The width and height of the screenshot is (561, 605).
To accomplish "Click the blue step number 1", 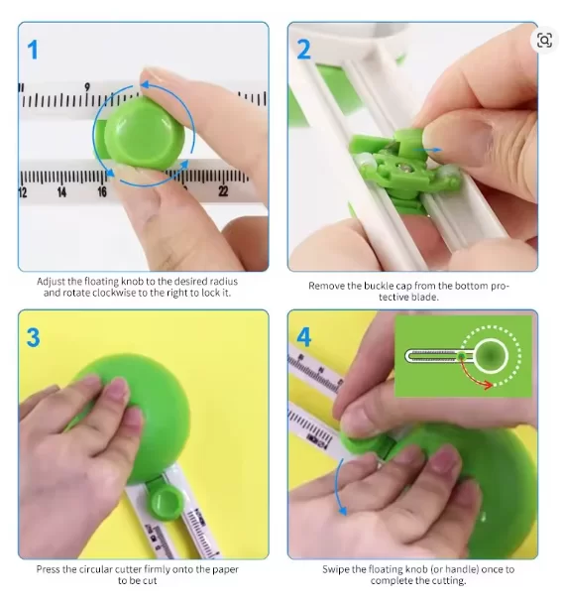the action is [33, 51].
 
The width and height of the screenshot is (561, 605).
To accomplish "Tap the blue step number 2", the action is [304, 50].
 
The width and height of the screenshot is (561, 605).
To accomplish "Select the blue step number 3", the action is [33, 337].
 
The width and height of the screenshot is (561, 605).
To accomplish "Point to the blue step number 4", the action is [304, 337].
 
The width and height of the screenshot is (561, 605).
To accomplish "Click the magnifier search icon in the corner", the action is [544, 40].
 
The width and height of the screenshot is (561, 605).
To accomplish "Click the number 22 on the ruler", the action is [223, 191].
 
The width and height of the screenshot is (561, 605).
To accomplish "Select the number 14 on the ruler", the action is [61, 191].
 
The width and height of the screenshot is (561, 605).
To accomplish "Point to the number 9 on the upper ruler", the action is [87, 87].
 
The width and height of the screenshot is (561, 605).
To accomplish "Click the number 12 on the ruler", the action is [23, 192].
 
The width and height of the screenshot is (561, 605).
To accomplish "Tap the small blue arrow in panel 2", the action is [427, 150].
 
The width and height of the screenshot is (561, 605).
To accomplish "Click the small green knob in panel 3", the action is [165, 501].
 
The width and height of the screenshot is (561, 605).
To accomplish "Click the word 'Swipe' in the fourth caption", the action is [335, 569].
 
